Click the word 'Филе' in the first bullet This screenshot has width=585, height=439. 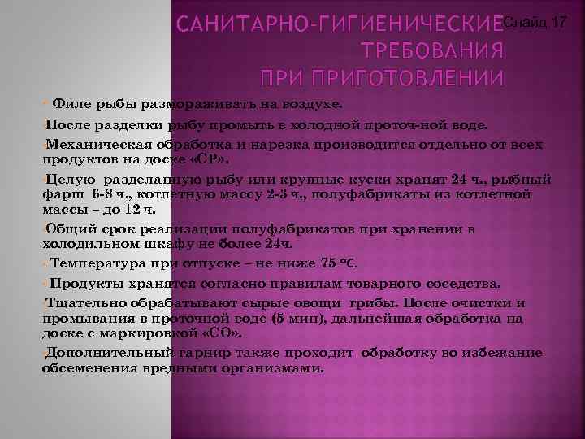tap(68, 105)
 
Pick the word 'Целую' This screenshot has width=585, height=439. tap(71, 178)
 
